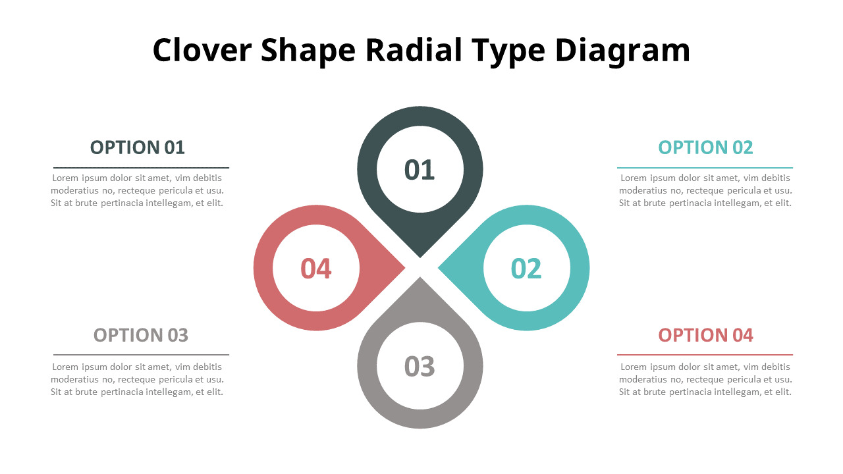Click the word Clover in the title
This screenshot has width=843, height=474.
(x=202, y=50)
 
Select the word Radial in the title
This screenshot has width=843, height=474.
(x=414, y=49)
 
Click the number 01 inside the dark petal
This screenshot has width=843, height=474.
(x=420, y=170)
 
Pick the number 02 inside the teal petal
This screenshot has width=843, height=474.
(x=526, y=269)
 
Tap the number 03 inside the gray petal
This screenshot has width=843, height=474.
(x=420, y=367)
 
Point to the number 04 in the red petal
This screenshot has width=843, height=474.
(x=316, y=269)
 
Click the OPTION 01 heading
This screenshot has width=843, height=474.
(x=138, y=147)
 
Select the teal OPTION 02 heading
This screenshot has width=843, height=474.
(x=705, y=147)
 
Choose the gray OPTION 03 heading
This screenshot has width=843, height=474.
(x=141, y=335)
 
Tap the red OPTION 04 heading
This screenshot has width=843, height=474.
(x=705, y=335)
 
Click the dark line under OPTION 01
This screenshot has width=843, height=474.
(x=141, y=168)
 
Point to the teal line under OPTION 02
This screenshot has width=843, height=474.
(x=705, y=168)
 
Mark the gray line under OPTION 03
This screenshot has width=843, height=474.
(x=141, y=355)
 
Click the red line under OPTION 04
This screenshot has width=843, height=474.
(x=705, y=355)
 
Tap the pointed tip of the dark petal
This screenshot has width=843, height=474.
(x=420, y=257)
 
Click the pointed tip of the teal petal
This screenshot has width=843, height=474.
(x=439, y=268)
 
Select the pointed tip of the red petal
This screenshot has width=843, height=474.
(x=404, y=268)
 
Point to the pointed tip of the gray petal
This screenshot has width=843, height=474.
(x=420, y=278)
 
